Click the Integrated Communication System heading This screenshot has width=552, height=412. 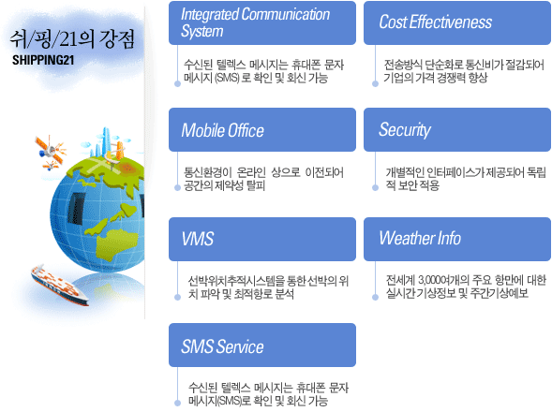coord(262,22)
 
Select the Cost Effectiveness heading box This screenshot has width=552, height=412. coord(457,22)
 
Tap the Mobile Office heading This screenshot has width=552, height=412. coord(262,130)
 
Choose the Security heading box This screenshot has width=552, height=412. coord(457,130)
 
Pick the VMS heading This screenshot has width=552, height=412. coord(262,240)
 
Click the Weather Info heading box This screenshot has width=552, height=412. coord(457,240)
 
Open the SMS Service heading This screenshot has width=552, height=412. coord(262,346)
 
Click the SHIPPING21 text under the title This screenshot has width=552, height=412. coord(43,60)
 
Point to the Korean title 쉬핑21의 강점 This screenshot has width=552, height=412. coord(72,38)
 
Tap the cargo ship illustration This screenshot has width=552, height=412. coord(59,285)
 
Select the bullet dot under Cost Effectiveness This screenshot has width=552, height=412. coord(375,83)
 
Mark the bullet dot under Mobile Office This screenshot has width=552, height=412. coord(177,188)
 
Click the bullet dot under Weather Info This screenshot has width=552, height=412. coord(375,298)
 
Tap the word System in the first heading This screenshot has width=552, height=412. coord(202,31)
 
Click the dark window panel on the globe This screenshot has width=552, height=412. coord(75,209)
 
